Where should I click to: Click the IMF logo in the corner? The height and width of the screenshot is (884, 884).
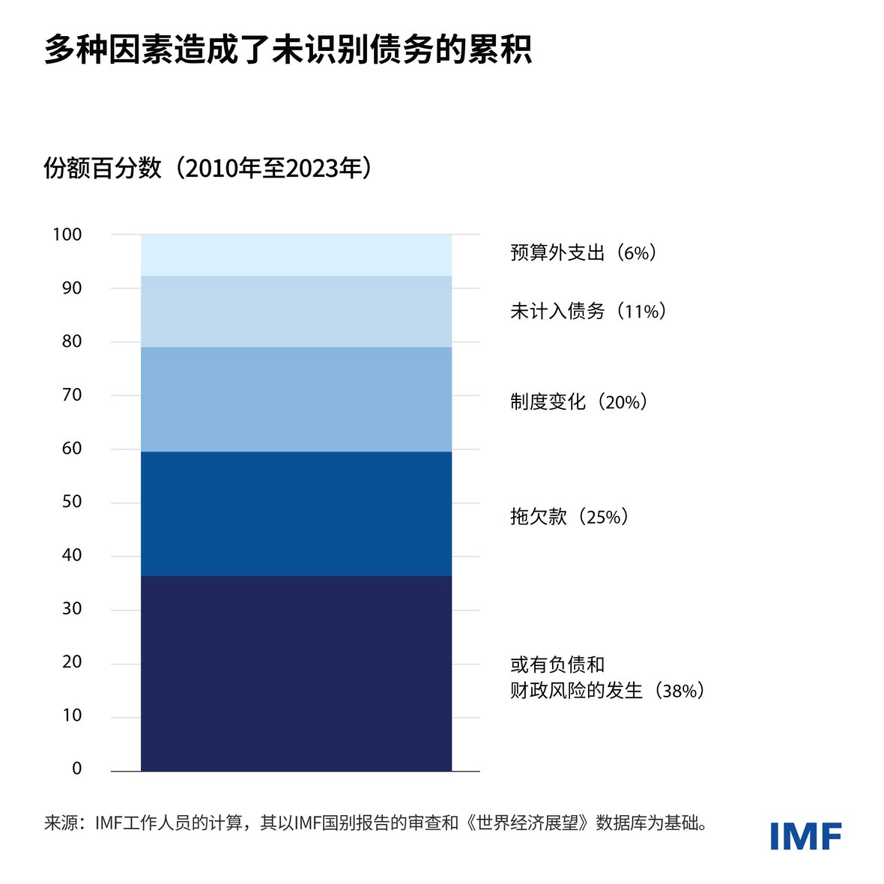click(x=805, y=836)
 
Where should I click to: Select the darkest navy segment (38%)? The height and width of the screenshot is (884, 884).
click(x=296, y=673)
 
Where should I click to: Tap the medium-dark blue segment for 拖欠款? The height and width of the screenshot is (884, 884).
click(x=296, y=513)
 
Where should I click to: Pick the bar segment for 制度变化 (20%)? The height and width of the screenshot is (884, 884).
click(x=296, y=399)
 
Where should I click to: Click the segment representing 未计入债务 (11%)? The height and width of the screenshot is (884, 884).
click(x=296, y=311)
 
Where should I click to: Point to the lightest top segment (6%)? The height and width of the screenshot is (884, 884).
click(x=296, y=255)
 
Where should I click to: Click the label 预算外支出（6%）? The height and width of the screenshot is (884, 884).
click(x=584, y=253)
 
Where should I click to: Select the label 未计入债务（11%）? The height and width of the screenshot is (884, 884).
click(x=588, y=311)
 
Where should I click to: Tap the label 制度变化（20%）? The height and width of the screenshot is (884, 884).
click(x=579, y=402)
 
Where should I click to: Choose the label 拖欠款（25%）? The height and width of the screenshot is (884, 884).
click(x=569, y=517)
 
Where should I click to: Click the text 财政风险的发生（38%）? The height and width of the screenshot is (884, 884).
click(x=608, y=691)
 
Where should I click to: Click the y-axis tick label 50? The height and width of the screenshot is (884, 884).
click(x=72, y=502)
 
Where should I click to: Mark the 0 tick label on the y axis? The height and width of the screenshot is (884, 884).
click(x=76, y=769)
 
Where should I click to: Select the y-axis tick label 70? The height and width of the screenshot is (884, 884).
click(x=72, y=395)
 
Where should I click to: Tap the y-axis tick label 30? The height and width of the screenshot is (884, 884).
click(x=72, y=609)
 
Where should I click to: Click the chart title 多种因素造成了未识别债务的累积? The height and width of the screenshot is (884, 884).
click(x=288, y=50)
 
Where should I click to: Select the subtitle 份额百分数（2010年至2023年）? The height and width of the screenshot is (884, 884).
click(x=208, y=169)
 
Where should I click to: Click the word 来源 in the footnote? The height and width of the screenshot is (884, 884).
click(x=59, y=824)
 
